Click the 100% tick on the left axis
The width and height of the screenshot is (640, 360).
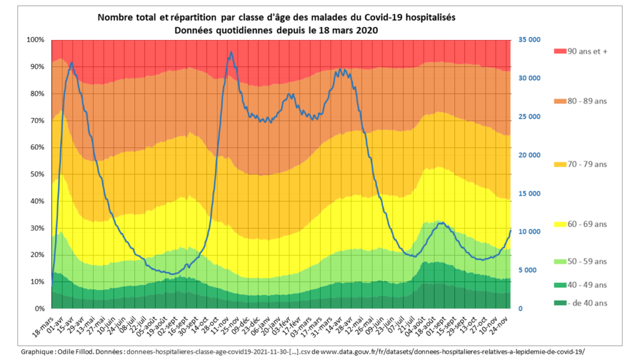coord(36,40)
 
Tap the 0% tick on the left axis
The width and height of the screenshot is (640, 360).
coord(40,309)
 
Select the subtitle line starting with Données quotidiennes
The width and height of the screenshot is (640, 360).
coord(276,29)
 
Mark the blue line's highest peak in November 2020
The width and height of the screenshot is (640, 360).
coord(231,52)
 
